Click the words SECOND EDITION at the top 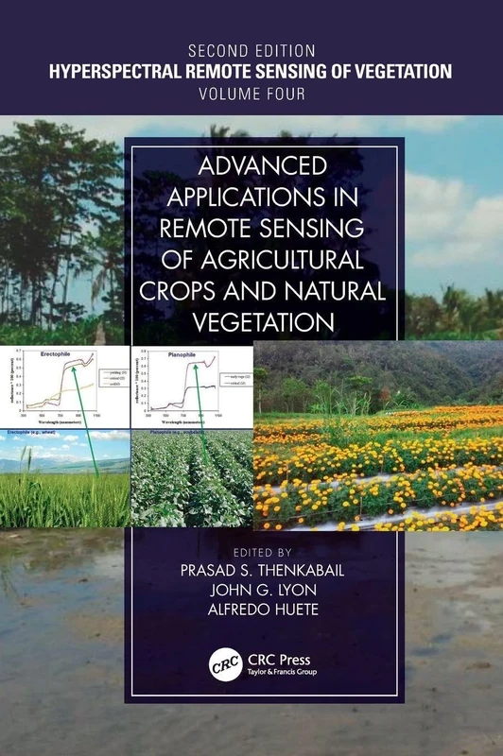[251, 48]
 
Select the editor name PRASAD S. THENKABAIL [251, 569]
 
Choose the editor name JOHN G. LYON [251, 590]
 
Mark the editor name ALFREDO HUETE [251, 610]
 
